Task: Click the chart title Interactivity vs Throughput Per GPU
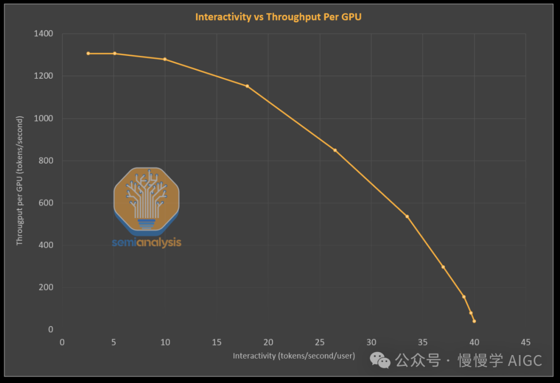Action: pyautogui.click(x=278, y=17)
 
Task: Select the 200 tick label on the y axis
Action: pyautogui.click(x=47, y=288)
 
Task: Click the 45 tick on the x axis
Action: pyautogui.click(x=525, y=342)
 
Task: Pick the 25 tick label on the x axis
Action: pyautogui.click(x=319, y=342)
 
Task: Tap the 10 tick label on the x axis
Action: pyautogui.click(x=165, y=342)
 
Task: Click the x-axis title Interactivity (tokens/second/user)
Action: pyautogui.click(x=293, y=356)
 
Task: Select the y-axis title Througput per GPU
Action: pyautogui.click(x=20, y=180)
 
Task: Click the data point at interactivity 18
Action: pyautogui.click(x=247, y=86)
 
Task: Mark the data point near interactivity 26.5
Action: pyautogui.click(x=335, y=150)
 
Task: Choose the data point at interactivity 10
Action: pyautogui.click(x=165, y=59)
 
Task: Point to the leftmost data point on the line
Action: pyautogui.click(x=88, y=53)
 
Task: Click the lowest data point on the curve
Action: pyautogui.click(x=474, y=321)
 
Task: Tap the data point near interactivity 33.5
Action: pyautogui.click(x=407, y=216)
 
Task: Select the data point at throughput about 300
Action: pyautogui.click(x=443, y=267)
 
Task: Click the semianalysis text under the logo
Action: pyautogui.click(x=147, y=242)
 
